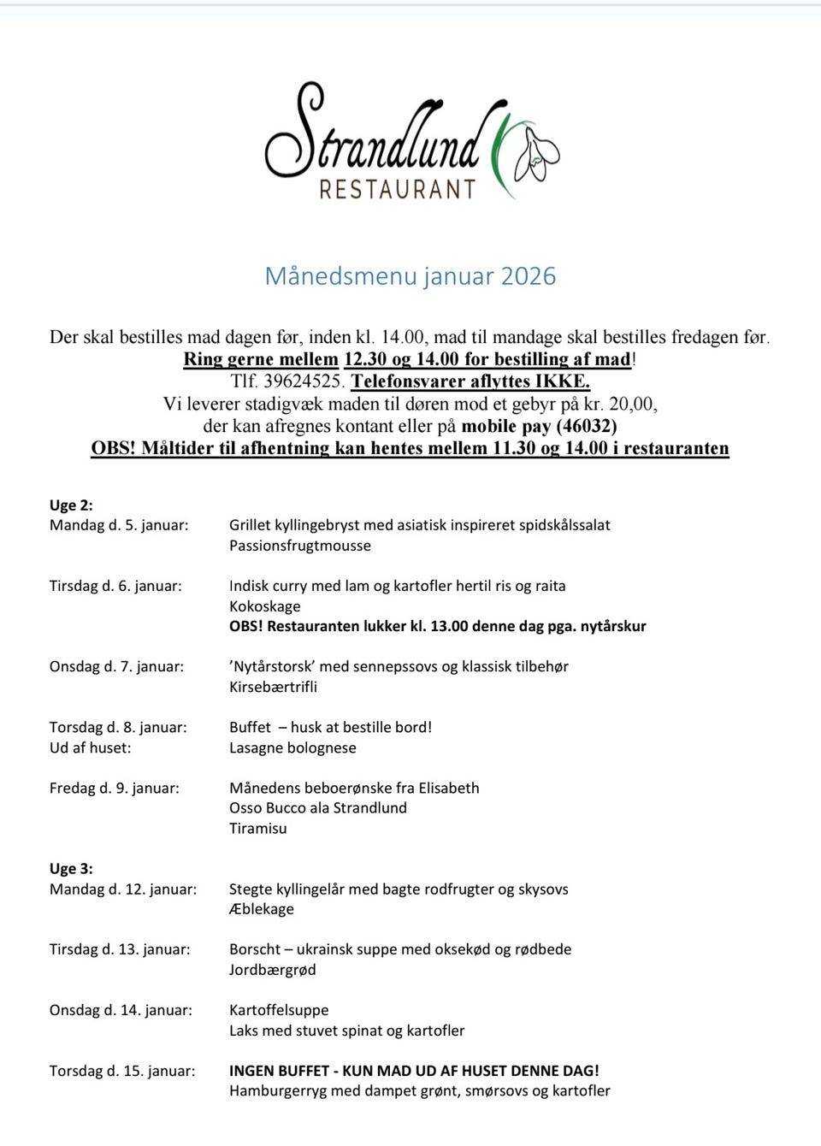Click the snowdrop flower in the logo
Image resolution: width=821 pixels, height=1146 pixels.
(537, 154)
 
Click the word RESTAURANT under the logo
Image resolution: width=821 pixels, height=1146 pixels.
(397, 189)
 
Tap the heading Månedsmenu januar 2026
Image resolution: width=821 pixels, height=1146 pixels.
(410, 276)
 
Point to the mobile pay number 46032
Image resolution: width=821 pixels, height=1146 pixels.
(587, 426)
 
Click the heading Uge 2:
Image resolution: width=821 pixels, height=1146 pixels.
(71, 505)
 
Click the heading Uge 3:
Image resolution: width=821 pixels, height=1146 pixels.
(71, 869)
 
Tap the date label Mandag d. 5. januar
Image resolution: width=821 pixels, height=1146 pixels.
(119, 525)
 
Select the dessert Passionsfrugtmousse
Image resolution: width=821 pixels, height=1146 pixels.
(300, 546)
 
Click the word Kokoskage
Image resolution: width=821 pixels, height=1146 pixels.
(265, 606)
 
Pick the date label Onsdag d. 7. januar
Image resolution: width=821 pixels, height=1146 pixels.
(116, 666)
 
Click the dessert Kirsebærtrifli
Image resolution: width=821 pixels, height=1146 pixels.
(273, 687)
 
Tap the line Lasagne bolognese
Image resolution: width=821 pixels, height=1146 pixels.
(292, 747)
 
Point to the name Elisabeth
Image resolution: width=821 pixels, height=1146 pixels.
(449, 788)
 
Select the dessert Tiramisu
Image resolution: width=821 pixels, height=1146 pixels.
(258, 828)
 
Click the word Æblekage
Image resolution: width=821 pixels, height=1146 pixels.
(262, 909)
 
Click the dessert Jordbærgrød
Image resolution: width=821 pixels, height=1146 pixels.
(273, 970)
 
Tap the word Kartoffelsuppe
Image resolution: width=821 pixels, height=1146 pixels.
(279, 1010)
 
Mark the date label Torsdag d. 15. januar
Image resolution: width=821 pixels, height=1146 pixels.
(122, 1071)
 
